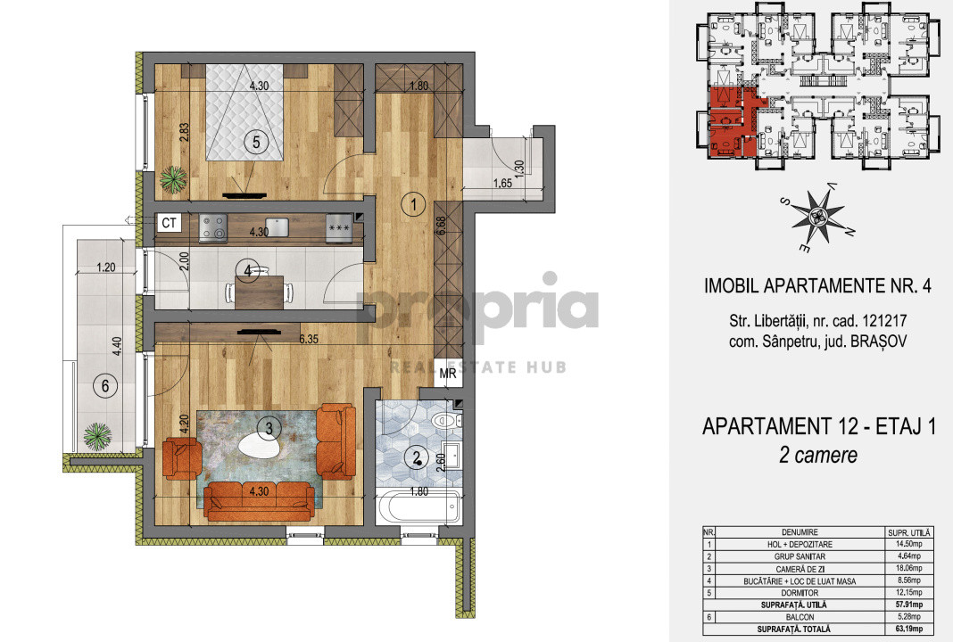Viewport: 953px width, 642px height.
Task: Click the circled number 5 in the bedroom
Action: [256, 141]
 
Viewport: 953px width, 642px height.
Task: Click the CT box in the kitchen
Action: [170, 224]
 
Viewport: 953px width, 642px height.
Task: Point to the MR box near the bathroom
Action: [448, 374]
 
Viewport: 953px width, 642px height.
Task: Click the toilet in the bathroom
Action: [443, 419]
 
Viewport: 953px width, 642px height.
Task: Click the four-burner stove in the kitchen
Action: [214, 226]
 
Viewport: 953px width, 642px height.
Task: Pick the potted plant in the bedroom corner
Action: [173, 180]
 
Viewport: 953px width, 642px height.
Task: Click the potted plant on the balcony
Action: [95, 437]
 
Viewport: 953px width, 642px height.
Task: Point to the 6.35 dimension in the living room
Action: [310, 338]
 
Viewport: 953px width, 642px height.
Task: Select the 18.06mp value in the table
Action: [905, 567]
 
